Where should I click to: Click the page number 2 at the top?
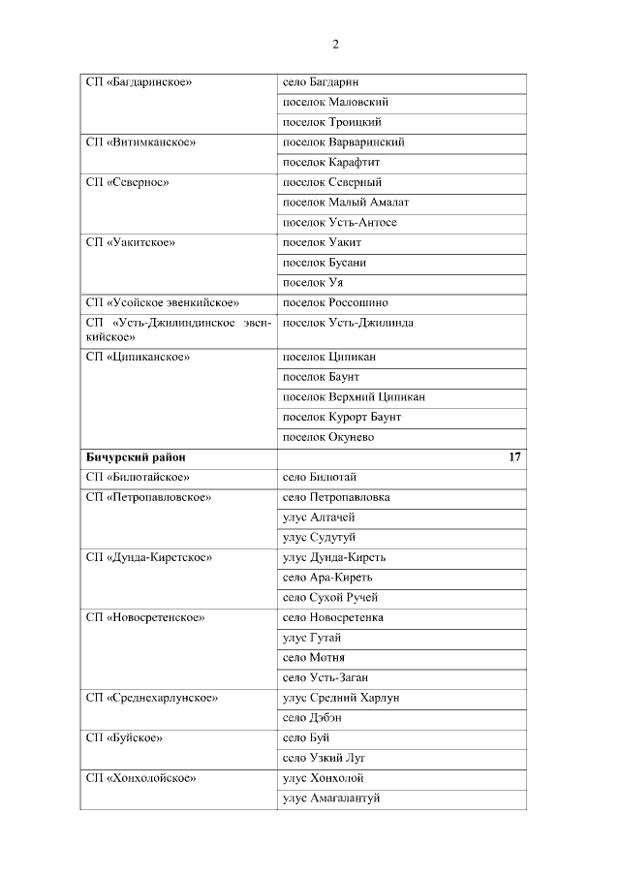(x=336, y=45)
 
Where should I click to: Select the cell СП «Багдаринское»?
(x=139, y=82)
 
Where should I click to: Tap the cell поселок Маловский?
(x=335, y=102)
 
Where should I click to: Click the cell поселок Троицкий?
(x=331, y=122)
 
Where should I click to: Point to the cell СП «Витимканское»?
(x=140, y=142)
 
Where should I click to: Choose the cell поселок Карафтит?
(x=331, y=162)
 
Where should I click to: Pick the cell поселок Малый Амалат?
(x=345, y=203)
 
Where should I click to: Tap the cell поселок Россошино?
(x=335, y=302)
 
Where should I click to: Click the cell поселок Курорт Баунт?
(x=341, y=417)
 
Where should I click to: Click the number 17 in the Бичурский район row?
(x=514, y=456)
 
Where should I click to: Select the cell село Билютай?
(x=320, y=477)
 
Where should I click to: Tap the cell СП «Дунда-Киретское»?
(x=148, y=557)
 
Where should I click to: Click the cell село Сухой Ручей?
(x=329, y=597)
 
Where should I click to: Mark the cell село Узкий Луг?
(x=324, y=758)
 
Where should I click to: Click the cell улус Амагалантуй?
(x=331, y=798)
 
